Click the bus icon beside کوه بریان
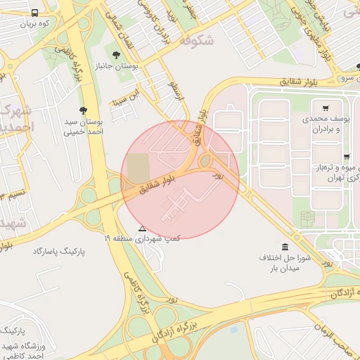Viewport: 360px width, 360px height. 35,13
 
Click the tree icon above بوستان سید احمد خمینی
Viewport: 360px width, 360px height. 84,110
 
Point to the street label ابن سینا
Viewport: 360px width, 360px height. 131,94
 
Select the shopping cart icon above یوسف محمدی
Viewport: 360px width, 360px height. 326,108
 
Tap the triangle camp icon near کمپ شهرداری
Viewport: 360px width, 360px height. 143,229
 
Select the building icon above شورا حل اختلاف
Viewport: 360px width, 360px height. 284,247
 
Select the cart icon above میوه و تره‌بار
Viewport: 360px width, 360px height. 346,156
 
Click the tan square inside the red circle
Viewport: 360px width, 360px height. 139,167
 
